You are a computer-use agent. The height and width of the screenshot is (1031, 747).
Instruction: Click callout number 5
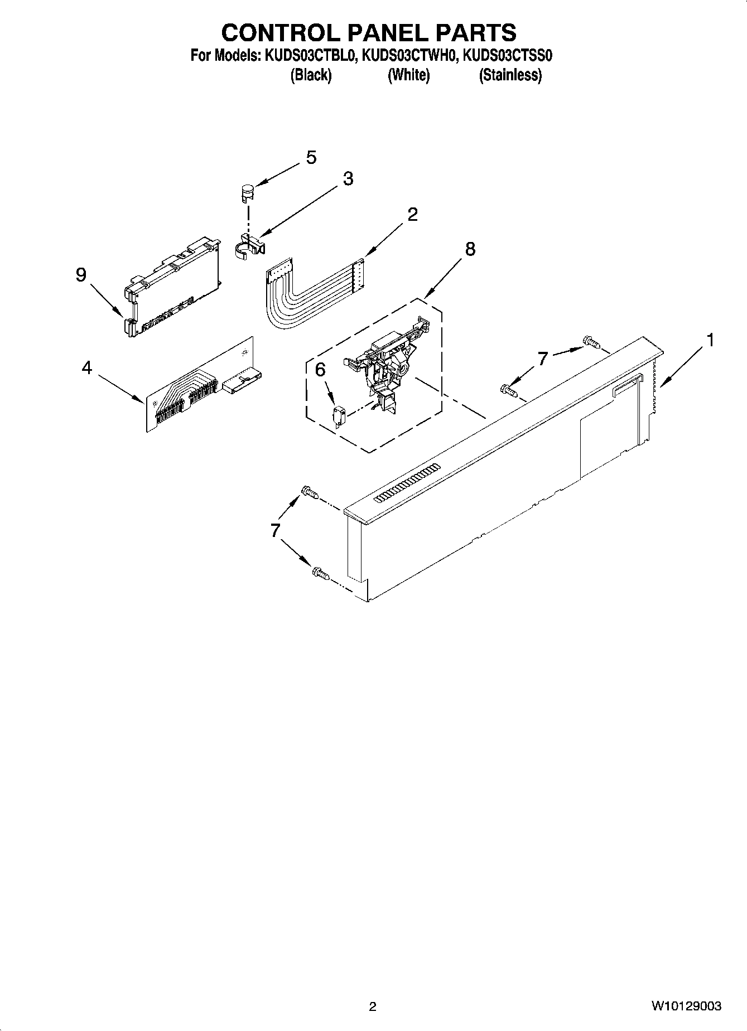[x=311, y=158]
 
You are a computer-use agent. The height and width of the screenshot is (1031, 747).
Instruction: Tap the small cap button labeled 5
[x=247, y=192]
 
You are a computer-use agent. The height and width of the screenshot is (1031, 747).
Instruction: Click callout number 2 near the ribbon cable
[x=412, y=214]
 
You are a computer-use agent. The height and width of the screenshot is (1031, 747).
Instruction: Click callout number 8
[x=470, y=249]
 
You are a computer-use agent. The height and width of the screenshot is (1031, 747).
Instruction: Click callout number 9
[x=81, y=274]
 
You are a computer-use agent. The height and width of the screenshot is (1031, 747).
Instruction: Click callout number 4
[x=86, y=367]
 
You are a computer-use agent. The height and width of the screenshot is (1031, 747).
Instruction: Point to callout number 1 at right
[x=710, y=340]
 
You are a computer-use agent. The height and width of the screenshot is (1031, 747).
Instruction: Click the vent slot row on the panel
[x=405, y=482]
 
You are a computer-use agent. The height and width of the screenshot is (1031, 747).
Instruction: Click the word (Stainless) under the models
[x=510, y=75]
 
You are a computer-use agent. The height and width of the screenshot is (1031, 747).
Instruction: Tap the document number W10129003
[x=686, y=1006]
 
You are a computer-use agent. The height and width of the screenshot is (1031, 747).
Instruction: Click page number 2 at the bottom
[x=373, y=1006]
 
